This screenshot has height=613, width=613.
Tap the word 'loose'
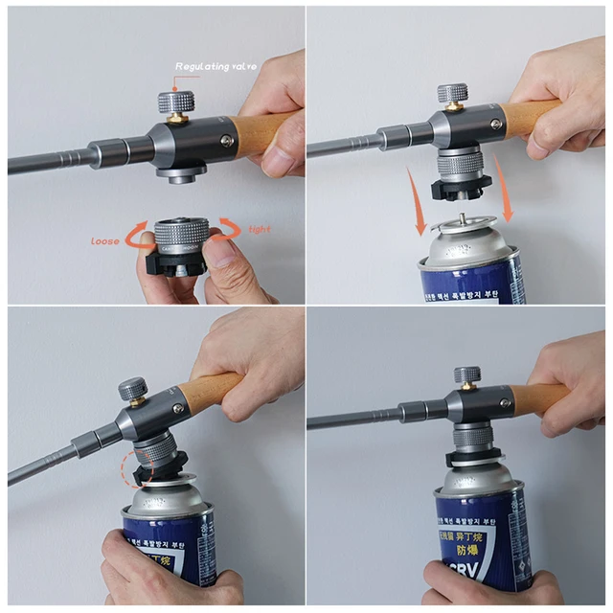point(105,240)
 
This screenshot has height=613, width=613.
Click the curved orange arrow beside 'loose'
point(137,232)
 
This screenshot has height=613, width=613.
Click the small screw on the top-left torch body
point(226,140)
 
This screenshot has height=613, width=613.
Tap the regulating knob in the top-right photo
point(453,94)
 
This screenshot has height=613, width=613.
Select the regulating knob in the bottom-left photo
point(130,390)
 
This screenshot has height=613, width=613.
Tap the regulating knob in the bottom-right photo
point(467,375)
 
